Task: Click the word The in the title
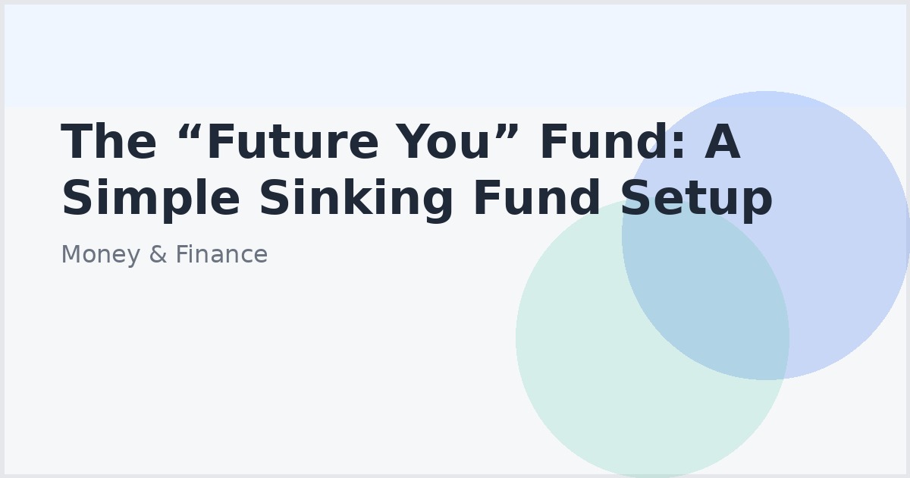coord(108,143)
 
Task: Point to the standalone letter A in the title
coord(722,143)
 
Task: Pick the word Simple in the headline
coord(151,200)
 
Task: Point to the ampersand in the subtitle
coord(158,255)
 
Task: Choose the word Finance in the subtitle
coord(221,255)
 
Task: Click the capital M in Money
coord(70,255)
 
